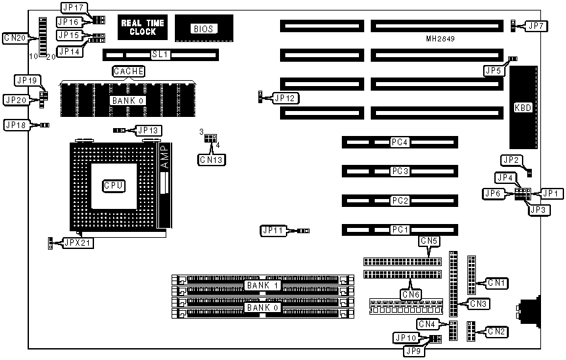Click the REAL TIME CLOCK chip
[x=143, y=27]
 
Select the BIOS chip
[x=200, y=29]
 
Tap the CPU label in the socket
[x=114, y=187]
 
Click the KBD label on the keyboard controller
[x=523, y=107]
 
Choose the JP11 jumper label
[x=273, y=231]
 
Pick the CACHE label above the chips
[x=128, y=71]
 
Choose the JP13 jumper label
[x=149, y=131]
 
